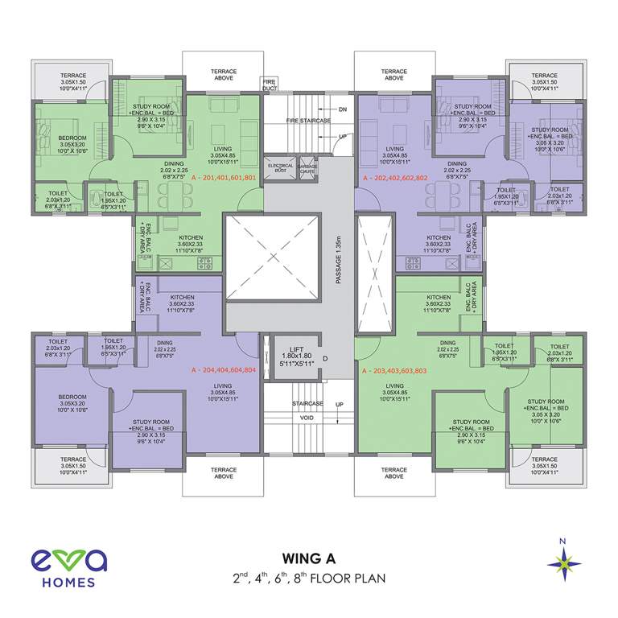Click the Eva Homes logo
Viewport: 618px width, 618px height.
pyautogui.click(x=64, y=567)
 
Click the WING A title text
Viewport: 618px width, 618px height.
pyautogui.click(x=309, y=558)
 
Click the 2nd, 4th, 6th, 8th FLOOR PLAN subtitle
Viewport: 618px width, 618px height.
pyautogui.click(x=309, y=578)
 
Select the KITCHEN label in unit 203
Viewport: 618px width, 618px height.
pyautogui.click(x=439, y=298)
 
